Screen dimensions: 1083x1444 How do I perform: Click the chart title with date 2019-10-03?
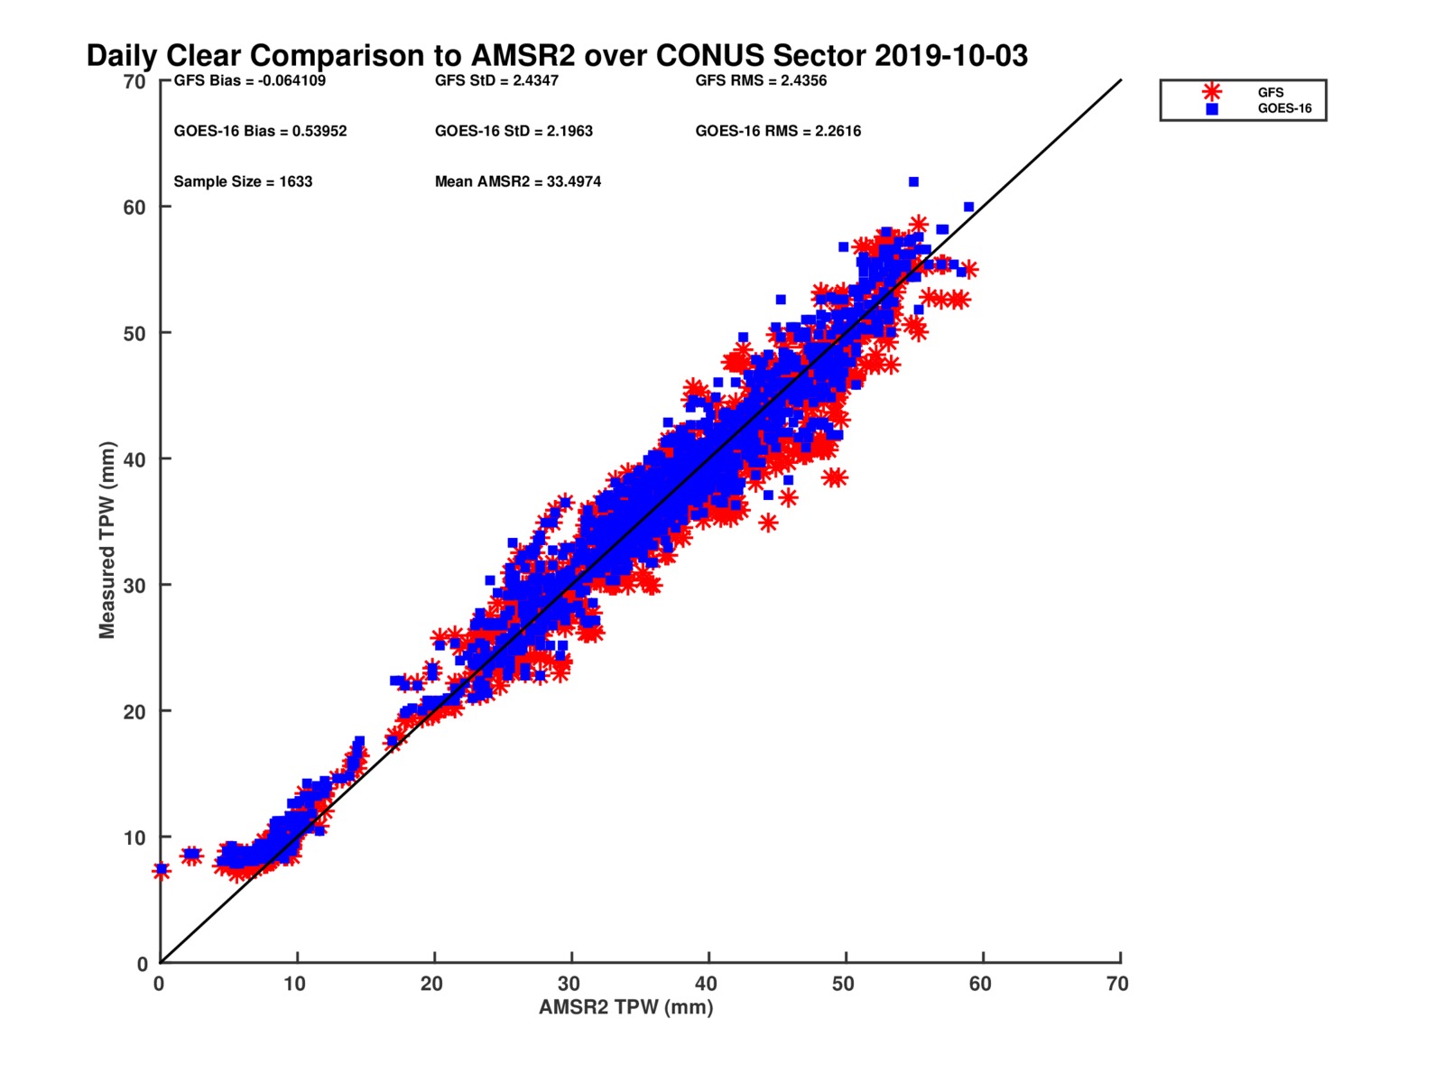[x=557, y=56]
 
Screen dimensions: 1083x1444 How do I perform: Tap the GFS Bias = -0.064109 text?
[x=250, y=80]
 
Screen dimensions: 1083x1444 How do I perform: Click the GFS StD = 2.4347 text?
[x=496, y=80]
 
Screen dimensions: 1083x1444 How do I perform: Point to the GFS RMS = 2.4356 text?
[x=761, y=80]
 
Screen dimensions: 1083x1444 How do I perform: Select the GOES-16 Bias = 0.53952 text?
[x=260, y=131]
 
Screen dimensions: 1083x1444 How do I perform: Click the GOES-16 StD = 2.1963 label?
[x=514, y=131]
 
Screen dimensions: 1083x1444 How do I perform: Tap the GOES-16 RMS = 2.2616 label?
[x=778, y=131]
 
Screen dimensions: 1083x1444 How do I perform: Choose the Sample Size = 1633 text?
[x=243, y=181]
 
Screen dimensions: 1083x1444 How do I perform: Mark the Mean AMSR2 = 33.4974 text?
[x=518, y=181]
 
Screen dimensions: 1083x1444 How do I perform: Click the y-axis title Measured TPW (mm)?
[x=107, y=540]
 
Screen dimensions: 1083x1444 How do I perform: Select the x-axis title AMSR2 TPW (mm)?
[x=625, y=1007]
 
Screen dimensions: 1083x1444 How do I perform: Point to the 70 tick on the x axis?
[x=1117, y=984]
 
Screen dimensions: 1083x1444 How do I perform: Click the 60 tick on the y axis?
[x=134, y=208]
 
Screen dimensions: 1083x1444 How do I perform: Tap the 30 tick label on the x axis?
[x=569, y=984]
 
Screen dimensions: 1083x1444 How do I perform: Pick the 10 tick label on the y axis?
[x=134, y=838]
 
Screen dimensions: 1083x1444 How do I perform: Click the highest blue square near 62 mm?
[x=913, y=182]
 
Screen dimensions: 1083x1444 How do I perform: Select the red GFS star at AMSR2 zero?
[x=162, y=871]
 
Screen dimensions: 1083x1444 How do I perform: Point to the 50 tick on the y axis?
[x=134, y=333]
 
